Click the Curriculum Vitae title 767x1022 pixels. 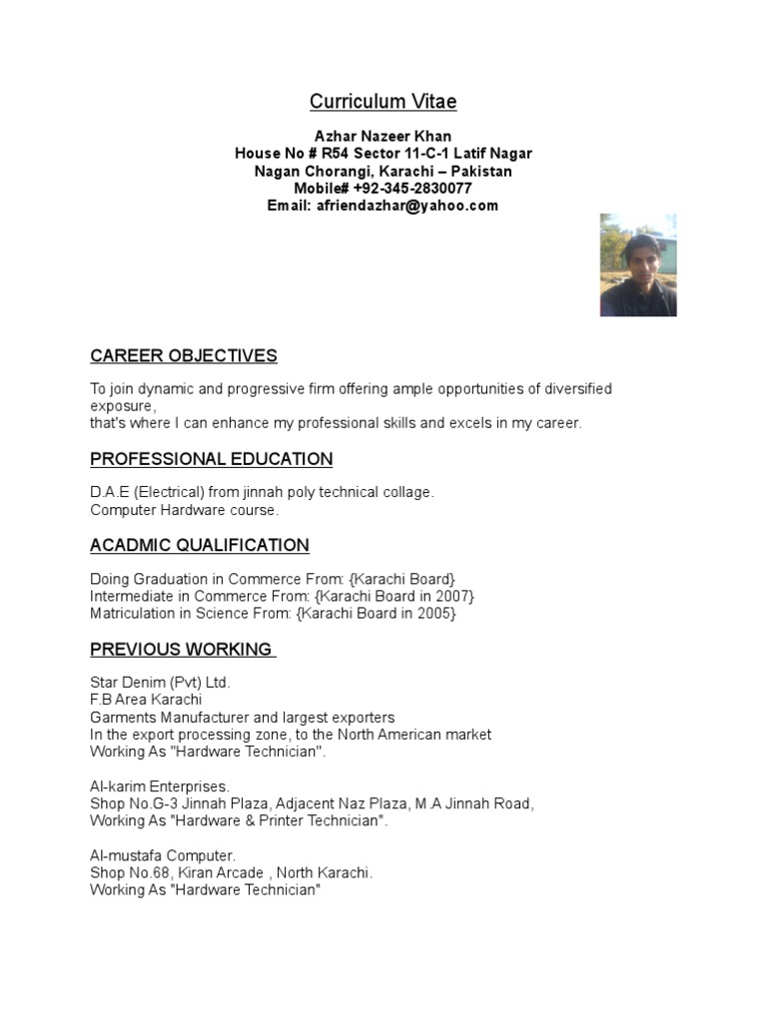click(383, 102)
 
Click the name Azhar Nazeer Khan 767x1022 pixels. click(383, 136)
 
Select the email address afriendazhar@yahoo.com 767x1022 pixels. click(408, 206)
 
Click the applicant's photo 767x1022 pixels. click(638, 264)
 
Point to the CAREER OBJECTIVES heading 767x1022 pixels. click(184, 356)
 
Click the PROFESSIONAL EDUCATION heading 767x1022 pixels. click(211, 459)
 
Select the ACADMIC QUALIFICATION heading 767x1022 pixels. click(200, 545)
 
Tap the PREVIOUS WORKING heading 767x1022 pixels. click(182, 650)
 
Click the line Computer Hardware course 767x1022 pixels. click(185, 510)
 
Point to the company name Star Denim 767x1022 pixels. click(130, 683)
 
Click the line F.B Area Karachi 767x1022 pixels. click(146, 700)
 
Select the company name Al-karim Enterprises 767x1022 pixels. click(160, 786)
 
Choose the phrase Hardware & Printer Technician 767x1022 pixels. click(277, 821)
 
